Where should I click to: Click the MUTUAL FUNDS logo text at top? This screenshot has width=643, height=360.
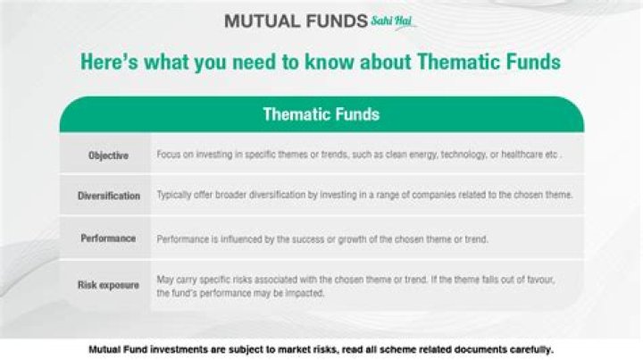(x=295, y=20)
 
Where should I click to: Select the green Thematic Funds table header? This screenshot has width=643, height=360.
(x=321, y=114)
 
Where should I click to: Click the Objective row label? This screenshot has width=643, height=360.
(x=108, y=155)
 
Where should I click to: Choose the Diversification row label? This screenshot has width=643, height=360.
(x=108, y=196)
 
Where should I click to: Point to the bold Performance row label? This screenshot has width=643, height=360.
(x=108, y=239)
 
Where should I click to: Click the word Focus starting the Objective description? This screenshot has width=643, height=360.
(x=168, y=155)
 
